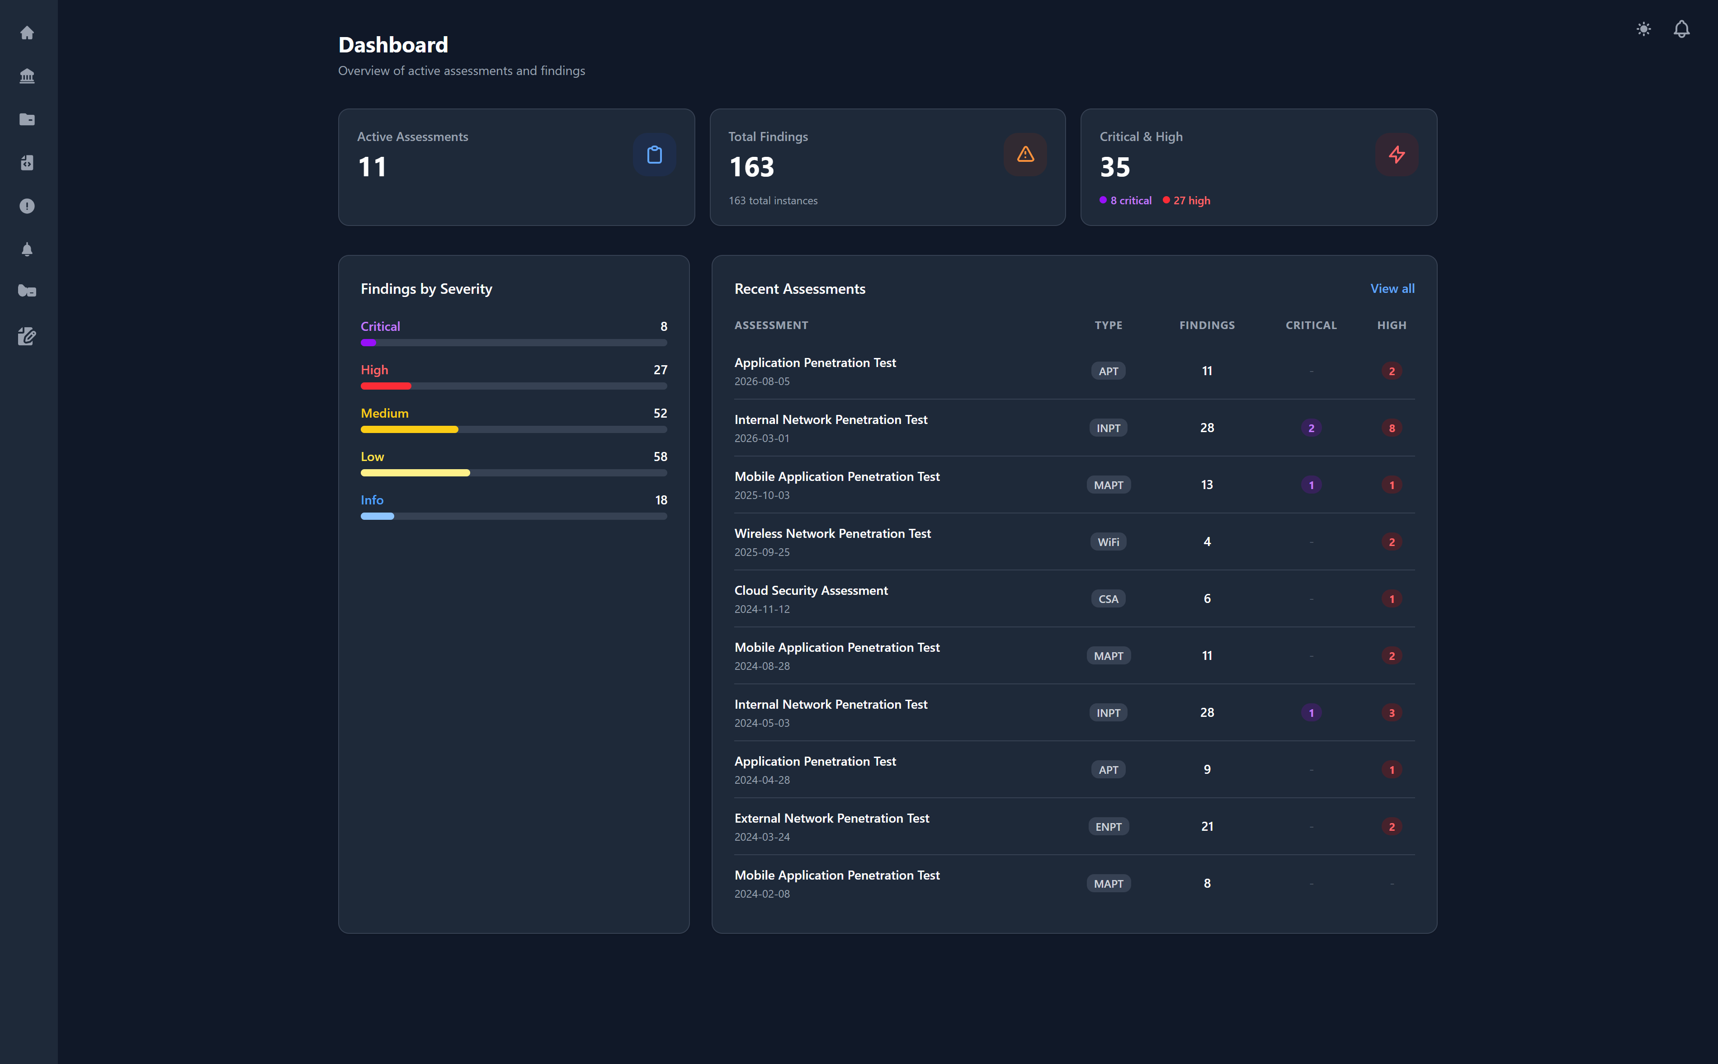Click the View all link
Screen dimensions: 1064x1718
(1392, 288)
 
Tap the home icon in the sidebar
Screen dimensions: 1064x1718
(27, 33)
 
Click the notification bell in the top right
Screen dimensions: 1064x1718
(1680, 29)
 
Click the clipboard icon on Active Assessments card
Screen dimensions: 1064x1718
(654, 155)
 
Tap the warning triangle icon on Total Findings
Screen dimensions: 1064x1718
(1025, 155)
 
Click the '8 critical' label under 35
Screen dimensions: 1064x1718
(1130, 201)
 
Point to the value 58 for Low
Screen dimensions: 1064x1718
(660, 457)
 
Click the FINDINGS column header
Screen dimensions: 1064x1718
(1206, 325)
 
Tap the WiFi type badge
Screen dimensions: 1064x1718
(1108, 542)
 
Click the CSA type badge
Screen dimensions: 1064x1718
(1108, 599)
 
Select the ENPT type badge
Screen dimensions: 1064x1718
(1108, 827)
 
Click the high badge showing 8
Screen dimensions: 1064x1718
(1391, 428)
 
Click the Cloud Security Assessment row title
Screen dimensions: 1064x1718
(811, 590)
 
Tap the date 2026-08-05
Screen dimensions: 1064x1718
(761, 381)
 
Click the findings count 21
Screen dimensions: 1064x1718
(1206, 826)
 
